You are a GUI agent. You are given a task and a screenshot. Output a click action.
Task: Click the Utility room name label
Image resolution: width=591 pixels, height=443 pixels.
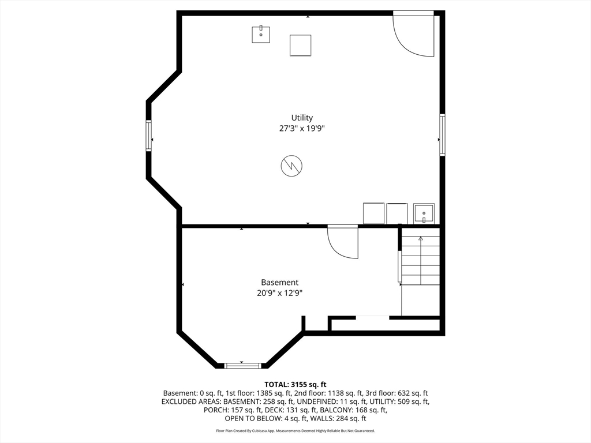(302, 118)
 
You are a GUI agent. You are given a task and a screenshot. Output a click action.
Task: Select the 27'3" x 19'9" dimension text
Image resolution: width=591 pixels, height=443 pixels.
(302, 129)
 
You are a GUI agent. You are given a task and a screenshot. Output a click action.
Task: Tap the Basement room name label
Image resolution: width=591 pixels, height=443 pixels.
(280, 283)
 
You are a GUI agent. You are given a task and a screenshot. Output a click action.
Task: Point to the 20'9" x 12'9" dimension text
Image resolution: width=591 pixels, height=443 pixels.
(280, 293)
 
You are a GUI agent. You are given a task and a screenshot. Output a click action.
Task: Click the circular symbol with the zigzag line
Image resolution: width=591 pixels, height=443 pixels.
(291, 166)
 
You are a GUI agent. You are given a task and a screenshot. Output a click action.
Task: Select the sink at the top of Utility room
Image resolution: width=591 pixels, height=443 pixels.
(261, 34)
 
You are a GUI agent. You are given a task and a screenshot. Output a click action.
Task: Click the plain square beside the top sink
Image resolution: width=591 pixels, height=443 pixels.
(300, 46)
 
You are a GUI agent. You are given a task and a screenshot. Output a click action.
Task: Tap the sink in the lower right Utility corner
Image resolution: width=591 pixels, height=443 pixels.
(424, 213)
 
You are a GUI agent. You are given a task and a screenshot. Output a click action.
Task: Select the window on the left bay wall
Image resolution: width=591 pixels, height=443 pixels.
(149, 136)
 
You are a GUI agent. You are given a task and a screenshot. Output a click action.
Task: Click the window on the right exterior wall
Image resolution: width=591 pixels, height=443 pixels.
(443, 134)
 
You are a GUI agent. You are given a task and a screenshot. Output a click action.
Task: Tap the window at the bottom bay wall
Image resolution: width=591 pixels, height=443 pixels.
(242, 365)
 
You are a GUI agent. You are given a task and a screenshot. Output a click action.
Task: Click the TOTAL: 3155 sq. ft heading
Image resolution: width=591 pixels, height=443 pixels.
(295, 385)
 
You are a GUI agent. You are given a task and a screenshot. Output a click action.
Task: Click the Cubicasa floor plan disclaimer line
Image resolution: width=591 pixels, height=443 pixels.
(295, 430)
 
